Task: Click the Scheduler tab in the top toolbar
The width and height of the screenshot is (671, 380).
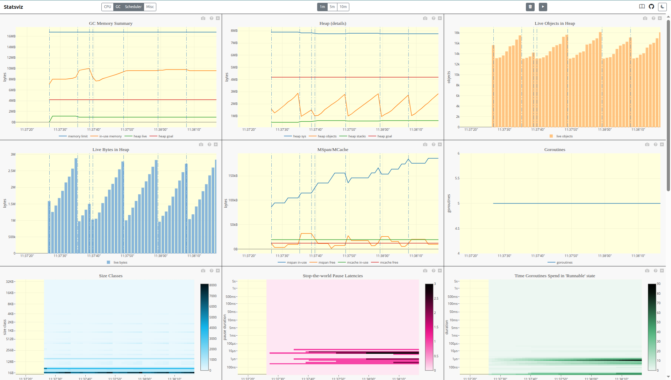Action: point(133,7)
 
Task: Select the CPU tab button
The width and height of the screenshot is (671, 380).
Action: point(107,7)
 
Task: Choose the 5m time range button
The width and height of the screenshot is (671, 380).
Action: point(332,7)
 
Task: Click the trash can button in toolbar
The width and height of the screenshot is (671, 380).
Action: point(530,7)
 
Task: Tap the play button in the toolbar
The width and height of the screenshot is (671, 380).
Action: point(543,7)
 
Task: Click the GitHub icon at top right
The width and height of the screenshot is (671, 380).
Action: point(651,7)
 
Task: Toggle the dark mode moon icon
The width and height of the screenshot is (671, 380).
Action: point(662,7)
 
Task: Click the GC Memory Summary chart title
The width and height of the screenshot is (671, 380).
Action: point(110,23)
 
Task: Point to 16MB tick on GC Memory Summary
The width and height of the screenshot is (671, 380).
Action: point(11,36)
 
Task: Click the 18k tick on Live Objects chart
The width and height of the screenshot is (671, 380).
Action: point(457,33)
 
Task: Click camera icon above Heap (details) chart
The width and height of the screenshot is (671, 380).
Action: point(425,18)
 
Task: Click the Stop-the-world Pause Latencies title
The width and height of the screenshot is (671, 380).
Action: point(333,276)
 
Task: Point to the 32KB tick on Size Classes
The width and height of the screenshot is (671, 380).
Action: point(10,282)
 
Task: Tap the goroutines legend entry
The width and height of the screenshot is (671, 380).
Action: point(564,263)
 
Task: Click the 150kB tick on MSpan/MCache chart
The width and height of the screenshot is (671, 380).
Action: point(233,176)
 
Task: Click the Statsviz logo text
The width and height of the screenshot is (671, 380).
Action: point(13,7)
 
